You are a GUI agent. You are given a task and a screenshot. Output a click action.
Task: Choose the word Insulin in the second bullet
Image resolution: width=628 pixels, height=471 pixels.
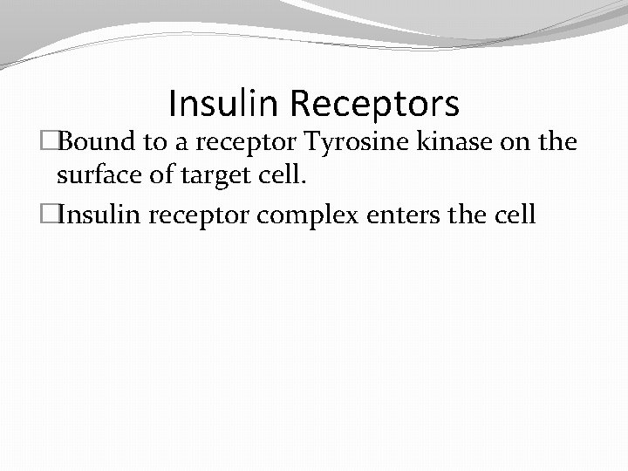click(x=101, y=214)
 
